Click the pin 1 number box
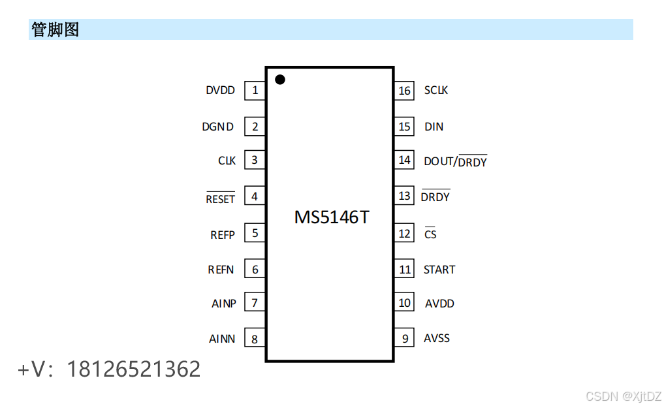(x=255, y=91)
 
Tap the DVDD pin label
(x=220, y=91)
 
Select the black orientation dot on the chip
(x=280, y=80)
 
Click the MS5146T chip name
(x=331, y=217)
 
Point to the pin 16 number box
(x=405, y=91)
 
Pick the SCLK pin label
(x=436, y=91)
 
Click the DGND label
(x=217, y=127)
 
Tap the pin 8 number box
(x=255, y=338)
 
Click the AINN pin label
(x=222, y=339)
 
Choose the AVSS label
(x=437, y=338)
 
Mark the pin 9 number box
(x=405, y=338)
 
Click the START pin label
(x=439, y=270)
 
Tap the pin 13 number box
(x=405, y=196)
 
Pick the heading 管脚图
(x=55, y=29)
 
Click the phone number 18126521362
(x=134, y=369)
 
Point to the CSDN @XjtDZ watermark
(x=624, y=396)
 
